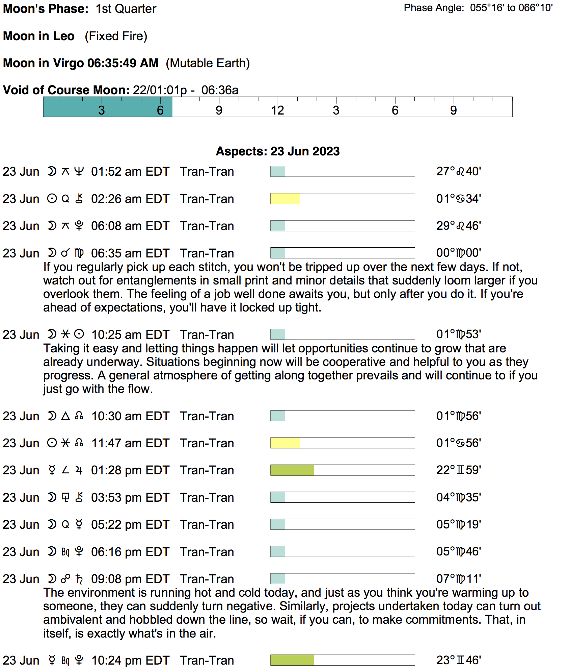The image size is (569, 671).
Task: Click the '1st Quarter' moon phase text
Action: [126, 9]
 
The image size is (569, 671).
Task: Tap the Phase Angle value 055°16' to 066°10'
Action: [511, 8]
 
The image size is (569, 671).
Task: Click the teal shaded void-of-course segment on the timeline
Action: [108, 107]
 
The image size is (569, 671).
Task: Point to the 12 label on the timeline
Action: [277, 110]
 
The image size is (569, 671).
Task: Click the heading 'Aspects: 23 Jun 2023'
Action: [277, 151]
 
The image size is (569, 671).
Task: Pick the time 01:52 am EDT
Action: [130, 172]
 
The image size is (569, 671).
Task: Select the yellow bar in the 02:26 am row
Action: [285, 199]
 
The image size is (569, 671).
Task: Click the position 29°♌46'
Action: [458, 226]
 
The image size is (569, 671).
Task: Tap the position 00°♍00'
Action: [458, 253]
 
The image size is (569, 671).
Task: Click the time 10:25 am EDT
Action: [130, 334]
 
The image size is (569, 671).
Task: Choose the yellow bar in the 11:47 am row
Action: [285, 443]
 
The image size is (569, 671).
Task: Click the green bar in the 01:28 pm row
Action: [292, 470]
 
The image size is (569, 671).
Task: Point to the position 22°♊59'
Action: [458, 470]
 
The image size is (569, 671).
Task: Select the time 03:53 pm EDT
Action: [130, 497]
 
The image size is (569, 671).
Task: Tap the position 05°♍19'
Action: [458, 524]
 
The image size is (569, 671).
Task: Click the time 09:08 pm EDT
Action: [130, 579]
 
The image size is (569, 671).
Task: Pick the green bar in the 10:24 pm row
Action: [292, 660]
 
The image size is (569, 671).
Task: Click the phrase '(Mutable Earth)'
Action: [208, 63]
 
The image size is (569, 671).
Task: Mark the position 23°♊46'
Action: [458, 660]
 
